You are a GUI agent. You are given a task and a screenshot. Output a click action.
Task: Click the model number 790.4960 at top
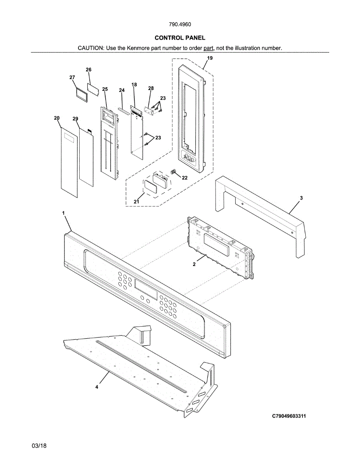tap(180, 24)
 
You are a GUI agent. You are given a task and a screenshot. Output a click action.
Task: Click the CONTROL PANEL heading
tap(180, 38)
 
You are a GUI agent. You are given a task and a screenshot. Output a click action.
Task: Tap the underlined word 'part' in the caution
tap(209, 48)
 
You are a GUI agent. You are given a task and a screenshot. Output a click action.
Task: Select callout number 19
tap(210, 58)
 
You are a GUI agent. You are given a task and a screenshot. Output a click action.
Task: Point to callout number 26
tap(89, 70)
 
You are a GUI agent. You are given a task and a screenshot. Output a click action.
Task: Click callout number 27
tap(72, 78)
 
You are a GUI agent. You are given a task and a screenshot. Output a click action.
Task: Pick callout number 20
tap(57, 118)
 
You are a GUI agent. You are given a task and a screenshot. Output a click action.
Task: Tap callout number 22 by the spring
tap(185, 178)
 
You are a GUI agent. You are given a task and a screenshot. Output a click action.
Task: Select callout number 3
tap(301, 198)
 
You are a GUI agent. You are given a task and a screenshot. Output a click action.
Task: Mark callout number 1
tap(63, 213)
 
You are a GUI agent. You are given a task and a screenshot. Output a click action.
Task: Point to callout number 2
tap(195, 264)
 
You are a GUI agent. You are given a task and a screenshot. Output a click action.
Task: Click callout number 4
tap(97, 387)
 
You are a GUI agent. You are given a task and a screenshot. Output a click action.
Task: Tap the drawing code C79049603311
tap(289, 416)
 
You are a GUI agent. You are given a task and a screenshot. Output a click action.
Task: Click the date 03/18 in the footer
tap(39, 446)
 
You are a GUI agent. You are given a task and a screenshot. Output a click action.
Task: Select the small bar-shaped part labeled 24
tap(123, 110)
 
